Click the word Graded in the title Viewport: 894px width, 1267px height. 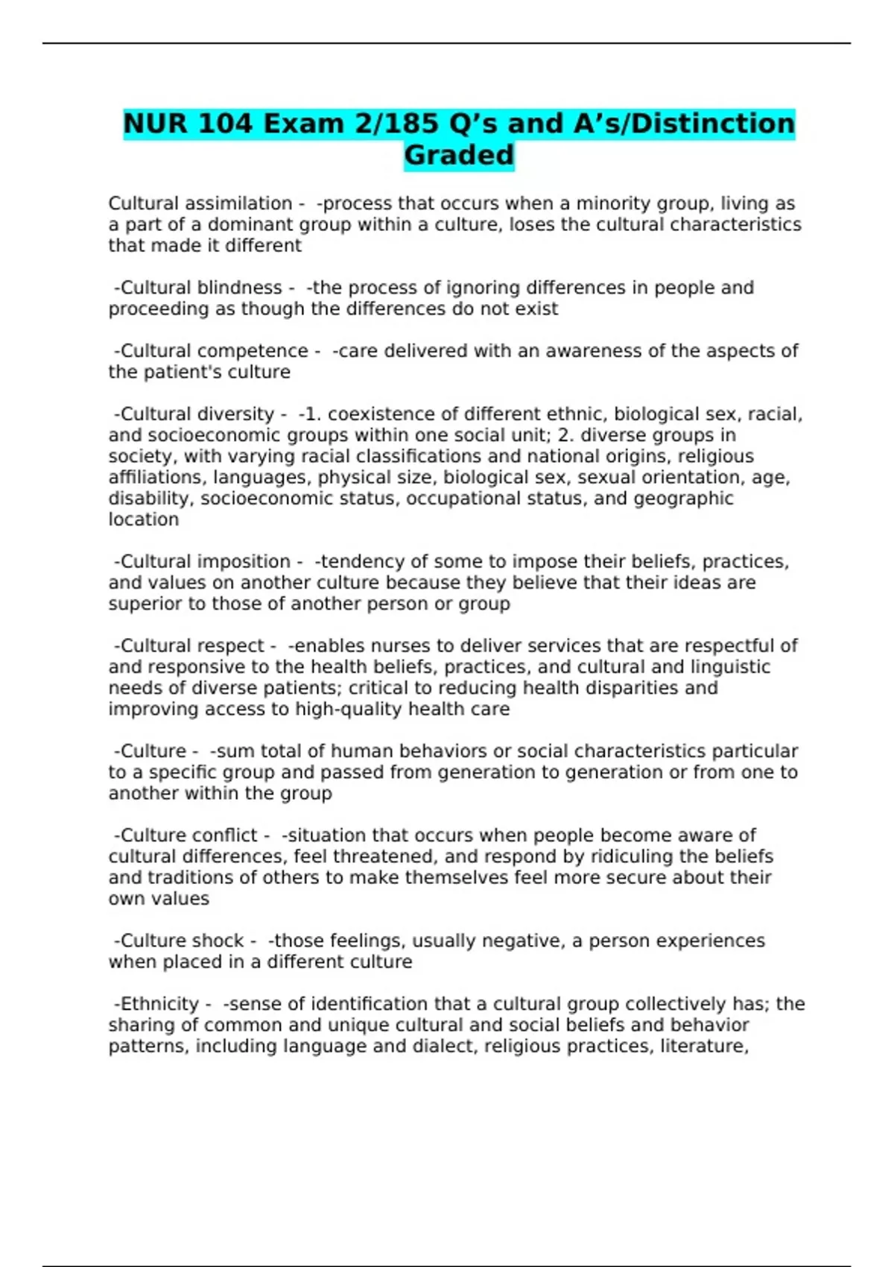(x=459, y=155)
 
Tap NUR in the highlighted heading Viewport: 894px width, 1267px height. (x=153, y=123)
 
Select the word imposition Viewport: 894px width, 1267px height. (x=243, y=561)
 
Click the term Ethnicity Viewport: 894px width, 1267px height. (x=159, y=1004)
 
